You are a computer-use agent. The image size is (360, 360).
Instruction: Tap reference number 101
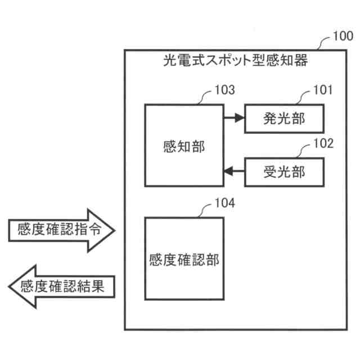(323, 90)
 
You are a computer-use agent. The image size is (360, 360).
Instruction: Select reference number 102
(323, 143)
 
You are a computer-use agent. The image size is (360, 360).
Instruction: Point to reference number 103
(224, 90)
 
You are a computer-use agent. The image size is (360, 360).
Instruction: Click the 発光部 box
(284, 119)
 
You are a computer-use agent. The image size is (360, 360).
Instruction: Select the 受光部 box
(284, 172)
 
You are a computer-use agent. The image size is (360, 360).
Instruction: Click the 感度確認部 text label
(184, 259)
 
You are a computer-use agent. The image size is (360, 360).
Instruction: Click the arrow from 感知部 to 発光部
(233, 118)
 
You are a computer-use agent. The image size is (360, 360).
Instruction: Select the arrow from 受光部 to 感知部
(233, 172)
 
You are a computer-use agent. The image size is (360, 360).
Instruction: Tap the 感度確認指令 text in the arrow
(55, 229)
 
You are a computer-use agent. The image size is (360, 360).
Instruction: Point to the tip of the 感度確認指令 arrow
(114, 229)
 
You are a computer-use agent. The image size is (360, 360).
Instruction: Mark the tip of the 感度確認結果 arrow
(10, 286)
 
